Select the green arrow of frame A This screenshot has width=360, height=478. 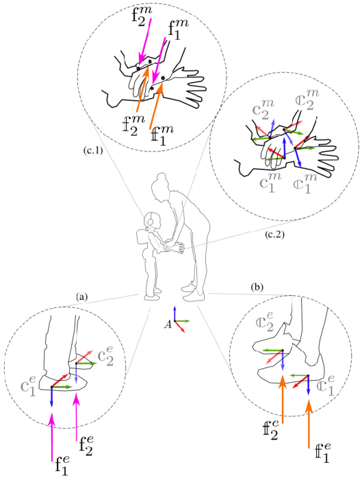(x=182, y=320)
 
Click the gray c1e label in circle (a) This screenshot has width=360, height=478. (x=31, y=390)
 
